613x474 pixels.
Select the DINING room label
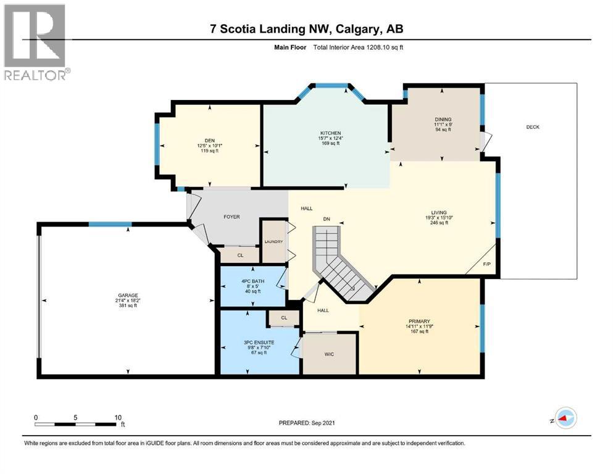[443, 120]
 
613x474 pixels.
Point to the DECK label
[532, 127]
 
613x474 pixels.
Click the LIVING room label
[439, 212]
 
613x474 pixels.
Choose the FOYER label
[231, 217]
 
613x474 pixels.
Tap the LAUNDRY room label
[273, 242]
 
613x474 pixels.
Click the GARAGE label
[128, 295]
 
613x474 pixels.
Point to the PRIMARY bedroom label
[419, 320]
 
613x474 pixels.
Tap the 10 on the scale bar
[117, 417]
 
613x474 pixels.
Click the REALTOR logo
[36, 42]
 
